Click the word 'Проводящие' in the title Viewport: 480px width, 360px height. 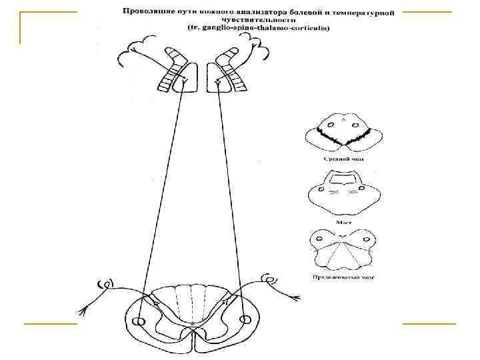(x=143, y=11)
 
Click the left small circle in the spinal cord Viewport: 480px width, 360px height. (x=138, y=321)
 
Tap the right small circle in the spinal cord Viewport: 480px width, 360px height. (x=246, y=320)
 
